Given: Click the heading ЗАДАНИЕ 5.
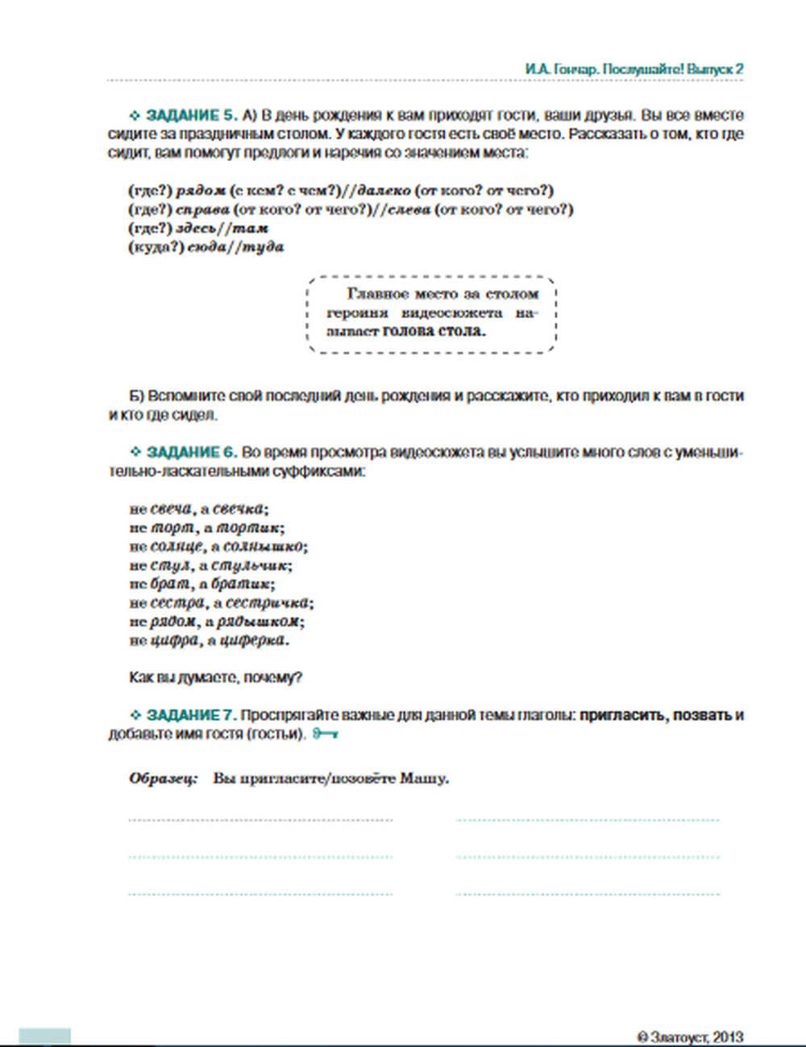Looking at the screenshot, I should (x=192, y=115).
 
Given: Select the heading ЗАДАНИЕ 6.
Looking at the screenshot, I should (x=192, y=453).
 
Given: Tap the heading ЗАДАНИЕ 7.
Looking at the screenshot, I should (x=192, y=715).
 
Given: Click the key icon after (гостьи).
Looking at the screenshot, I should (x=325, y=734).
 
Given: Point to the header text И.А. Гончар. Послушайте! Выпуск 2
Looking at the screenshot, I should (x=634, y=69).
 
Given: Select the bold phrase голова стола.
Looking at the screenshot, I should (x=434, y=331).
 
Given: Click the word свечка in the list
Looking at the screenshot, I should (x=239, y=509).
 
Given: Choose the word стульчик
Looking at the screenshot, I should (x=250, y=566).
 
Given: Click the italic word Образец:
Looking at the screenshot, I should (x=163, y=779).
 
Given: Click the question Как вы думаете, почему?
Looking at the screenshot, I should (x=215, y=677).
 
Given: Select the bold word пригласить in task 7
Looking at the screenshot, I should (x=622, y=715).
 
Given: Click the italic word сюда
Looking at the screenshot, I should (x=206, y=247).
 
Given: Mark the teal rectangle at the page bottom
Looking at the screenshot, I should (x=45, y=1037).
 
